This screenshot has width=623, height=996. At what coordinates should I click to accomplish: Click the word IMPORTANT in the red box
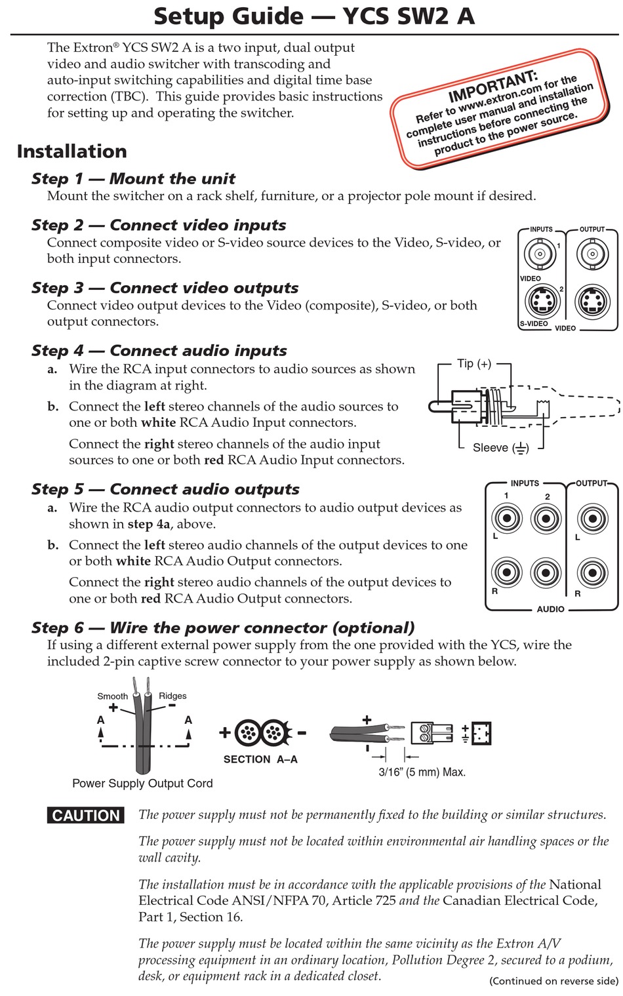pyautogui.click(x=492, y=87)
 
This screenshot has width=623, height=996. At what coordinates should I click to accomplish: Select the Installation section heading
pyautogui.click(x=72, y=151)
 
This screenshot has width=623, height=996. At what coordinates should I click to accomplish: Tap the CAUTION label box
pyautogui.click(x=86, y=816)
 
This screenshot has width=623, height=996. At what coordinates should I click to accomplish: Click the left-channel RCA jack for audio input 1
pyautogui.click(x=506, y=519)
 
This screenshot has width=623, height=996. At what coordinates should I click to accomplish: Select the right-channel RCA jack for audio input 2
pyautogui.click(x=546, y=572)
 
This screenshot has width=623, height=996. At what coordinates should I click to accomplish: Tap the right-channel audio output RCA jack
pyautogui.click(x=592, y=572)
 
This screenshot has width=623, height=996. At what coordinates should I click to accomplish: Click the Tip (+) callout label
pyautogui.click(x=474, y=364)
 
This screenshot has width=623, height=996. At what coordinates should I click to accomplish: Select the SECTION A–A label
pyautogui.click(x=260, y=759)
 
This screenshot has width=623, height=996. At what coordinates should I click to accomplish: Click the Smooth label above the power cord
pyautogui.click(x=113, y=696)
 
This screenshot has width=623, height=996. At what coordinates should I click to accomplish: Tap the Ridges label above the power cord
pyautogui.click(x=172, y=696)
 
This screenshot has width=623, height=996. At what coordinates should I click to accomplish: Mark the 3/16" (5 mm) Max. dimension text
pyautogui.click(x=422, y=772)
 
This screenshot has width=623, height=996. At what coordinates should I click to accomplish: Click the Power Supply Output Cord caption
pyautogui.click(x=142, y=784)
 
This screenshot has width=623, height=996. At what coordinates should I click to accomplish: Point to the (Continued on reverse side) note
pyautogui.click(x=553, y=981)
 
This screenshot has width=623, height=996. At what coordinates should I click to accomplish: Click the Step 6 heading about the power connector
pyautogui.click(x=223, y=628)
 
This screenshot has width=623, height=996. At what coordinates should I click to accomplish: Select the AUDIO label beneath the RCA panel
pyautogui.click(x=550, y=609)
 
